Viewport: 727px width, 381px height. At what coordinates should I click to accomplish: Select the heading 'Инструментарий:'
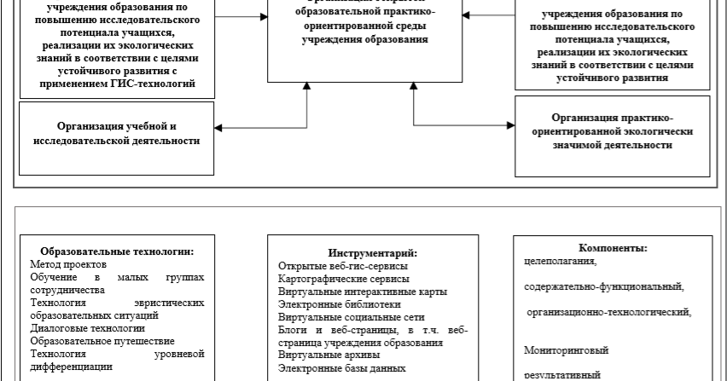coord(373,253)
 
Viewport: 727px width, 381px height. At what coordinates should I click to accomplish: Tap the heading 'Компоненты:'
coord(613,248)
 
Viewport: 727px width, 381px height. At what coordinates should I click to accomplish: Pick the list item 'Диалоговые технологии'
coord(87,327)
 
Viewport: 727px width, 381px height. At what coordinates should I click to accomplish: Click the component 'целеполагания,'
coord(561,261)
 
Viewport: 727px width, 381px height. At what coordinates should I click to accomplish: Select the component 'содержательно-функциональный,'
coord(604,286)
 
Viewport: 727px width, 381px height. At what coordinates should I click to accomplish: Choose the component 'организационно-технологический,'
coord(608,313)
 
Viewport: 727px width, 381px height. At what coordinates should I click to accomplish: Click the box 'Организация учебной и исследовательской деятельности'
coord(117,133)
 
